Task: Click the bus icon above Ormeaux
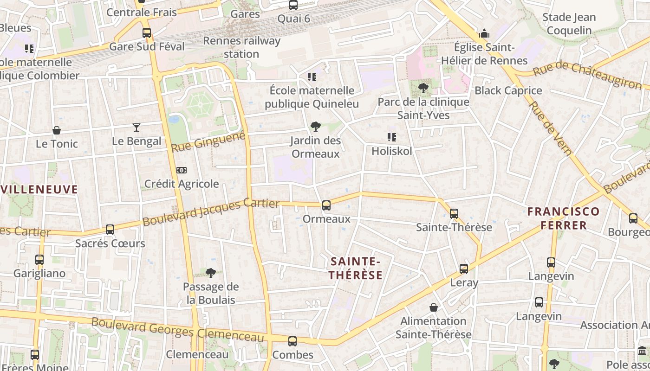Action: point(326,205)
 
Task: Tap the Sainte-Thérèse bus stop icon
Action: point(454,214)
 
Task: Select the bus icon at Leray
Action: point(463,269)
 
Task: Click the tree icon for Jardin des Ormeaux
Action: point(316,127)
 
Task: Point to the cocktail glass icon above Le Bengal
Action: point(136,128)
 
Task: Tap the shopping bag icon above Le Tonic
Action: point(57,130)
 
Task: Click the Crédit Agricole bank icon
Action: point(182,170)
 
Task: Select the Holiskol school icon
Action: point(391,137)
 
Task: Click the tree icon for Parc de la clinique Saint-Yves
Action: point(423,88)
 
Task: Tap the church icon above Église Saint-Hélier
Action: point(484,33)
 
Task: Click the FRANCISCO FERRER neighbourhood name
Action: point(563,218)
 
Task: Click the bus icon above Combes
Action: point(292,341)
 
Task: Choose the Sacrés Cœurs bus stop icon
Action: point(110,230)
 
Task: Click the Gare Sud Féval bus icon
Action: point(147,33)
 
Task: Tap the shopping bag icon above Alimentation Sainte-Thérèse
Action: point(433,307)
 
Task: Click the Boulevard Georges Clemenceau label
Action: point(177,330)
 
